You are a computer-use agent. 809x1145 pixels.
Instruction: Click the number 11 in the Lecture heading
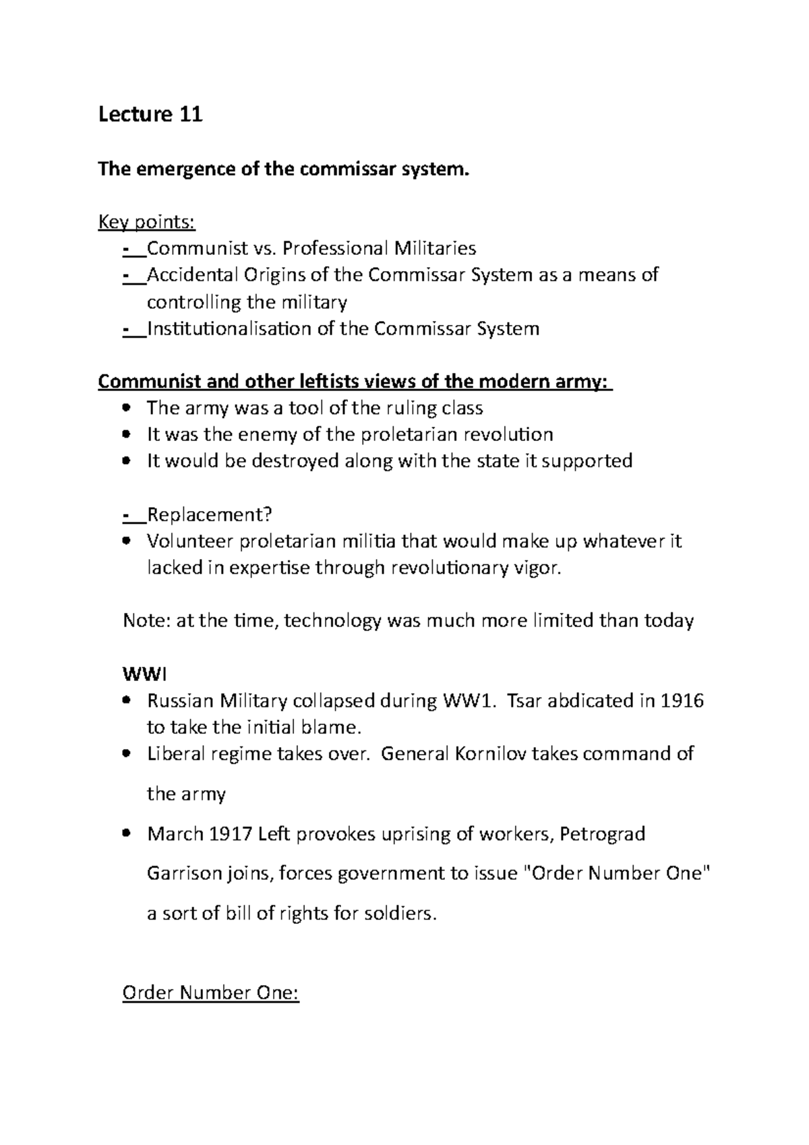click(191, 115)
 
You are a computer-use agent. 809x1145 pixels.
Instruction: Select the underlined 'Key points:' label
click(146, 223)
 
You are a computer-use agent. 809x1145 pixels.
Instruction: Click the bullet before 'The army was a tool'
click(127, 408)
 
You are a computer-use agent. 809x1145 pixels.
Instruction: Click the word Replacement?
click(209, 515)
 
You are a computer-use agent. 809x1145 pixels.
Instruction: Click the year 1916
click(682, 701)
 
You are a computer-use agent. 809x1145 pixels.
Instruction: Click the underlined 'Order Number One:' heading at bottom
click(210, 994)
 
